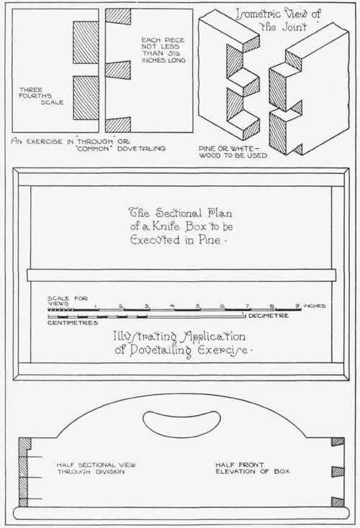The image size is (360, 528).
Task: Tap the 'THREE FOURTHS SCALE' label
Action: (x=41, y=96)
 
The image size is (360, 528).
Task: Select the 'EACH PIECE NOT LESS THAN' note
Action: (x=163, y=47)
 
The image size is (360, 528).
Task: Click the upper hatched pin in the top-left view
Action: (x=86, y=42)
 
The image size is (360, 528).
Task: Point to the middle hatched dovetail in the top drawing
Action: (x=118, y=70)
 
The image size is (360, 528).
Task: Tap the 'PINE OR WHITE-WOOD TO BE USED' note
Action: (x=233, y=152)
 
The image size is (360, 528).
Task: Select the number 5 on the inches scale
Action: (x=198, y=306)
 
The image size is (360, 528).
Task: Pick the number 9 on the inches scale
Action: (x=297, y=306)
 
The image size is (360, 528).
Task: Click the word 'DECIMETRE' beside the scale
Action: (x=269, y=316)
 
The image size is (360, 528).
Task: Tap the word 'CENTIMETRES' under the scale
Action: (x=73, y=322)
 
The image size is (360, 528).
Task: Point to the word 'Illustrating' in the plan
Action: (x=145, y=337)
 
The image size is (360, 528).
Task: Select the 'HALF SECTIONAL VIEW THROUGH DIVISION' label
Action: (x=96, y=468)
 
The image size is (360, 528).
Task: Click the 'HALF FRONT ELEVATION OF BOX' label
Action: (x=253, y=468)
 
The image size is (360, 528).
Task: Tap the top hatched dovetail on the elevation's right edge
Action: (x=338, y=442)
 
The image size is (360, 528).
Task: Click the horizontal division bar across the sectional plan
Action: (x=181, y=275)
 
